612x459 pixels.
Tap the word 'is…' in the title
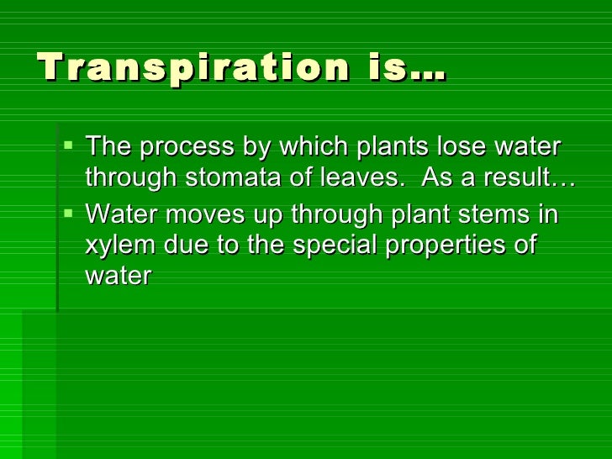tap(407, 67)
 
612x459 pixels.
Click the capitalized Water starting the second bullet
tap(122, 214)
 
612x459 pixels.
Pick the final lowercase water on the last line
tap(118, 277)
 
